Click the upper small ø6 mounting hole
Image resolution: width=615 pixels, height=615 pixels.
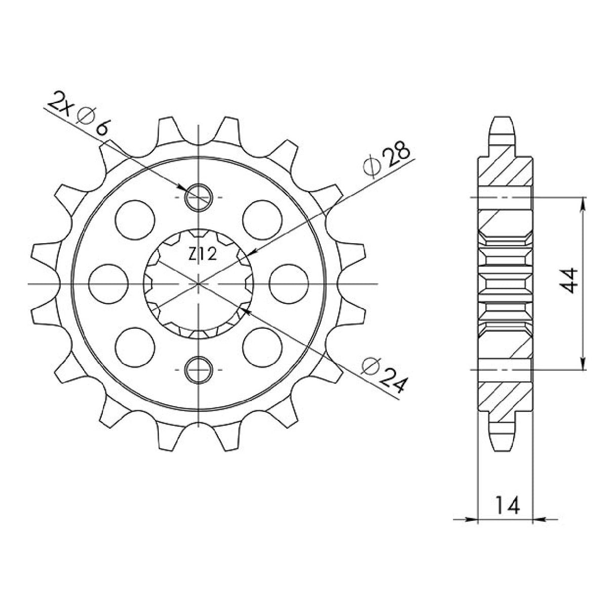199,197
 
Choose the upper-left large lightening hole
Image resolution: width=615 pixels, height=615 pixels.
135,218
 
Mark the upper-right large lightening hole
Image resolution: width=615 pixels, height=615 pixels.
262,218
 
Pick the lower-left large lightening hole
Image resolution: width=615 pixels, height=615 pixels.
135,346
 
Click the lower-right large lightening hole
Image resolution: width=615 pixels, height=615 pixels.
262,346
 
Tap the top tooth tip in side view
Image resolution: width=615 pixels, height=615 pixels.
504,122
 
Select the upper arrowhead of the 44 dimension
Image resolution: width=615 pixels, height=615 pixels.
583,203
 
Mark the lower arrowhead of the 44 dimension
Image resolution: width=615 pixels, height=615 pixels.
583,364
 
